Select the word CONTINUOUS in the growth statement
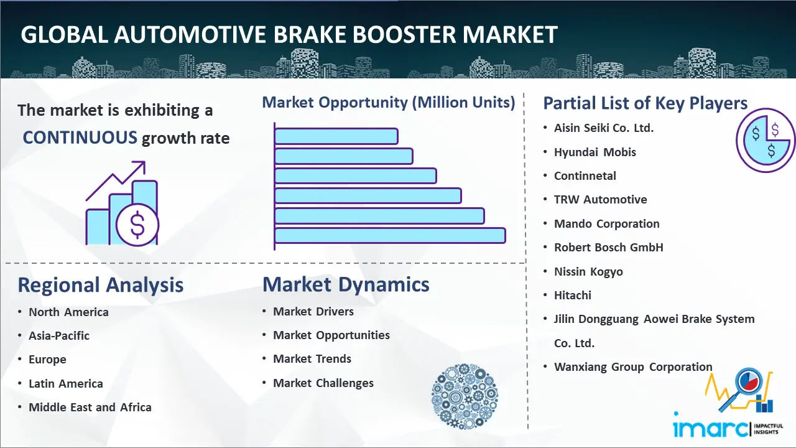point(80,138)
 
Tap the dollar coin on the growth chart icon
point(137,225)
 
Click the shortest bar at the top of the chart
point(336,136)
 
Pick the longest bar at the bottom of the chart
point(390,235)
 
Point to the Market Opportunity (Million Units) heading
point(389,103)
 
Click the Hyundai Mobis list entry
point(595,152)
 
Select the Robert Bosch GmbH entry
point(609,247)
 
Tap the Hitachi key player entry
point(573,295)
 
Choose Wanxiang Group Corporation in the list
point(633,366)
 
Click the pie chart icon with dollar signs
point(766,141)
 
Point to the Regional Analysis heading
point(101,285)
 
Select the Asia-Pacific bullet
point(59,335)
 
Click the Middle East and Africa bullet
point(90,407)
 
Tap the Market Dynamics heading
point(346,284)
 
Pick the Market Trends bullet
point(312,359)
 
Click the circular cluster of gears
point(465,396)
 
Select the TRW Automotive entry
point(600,200)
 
